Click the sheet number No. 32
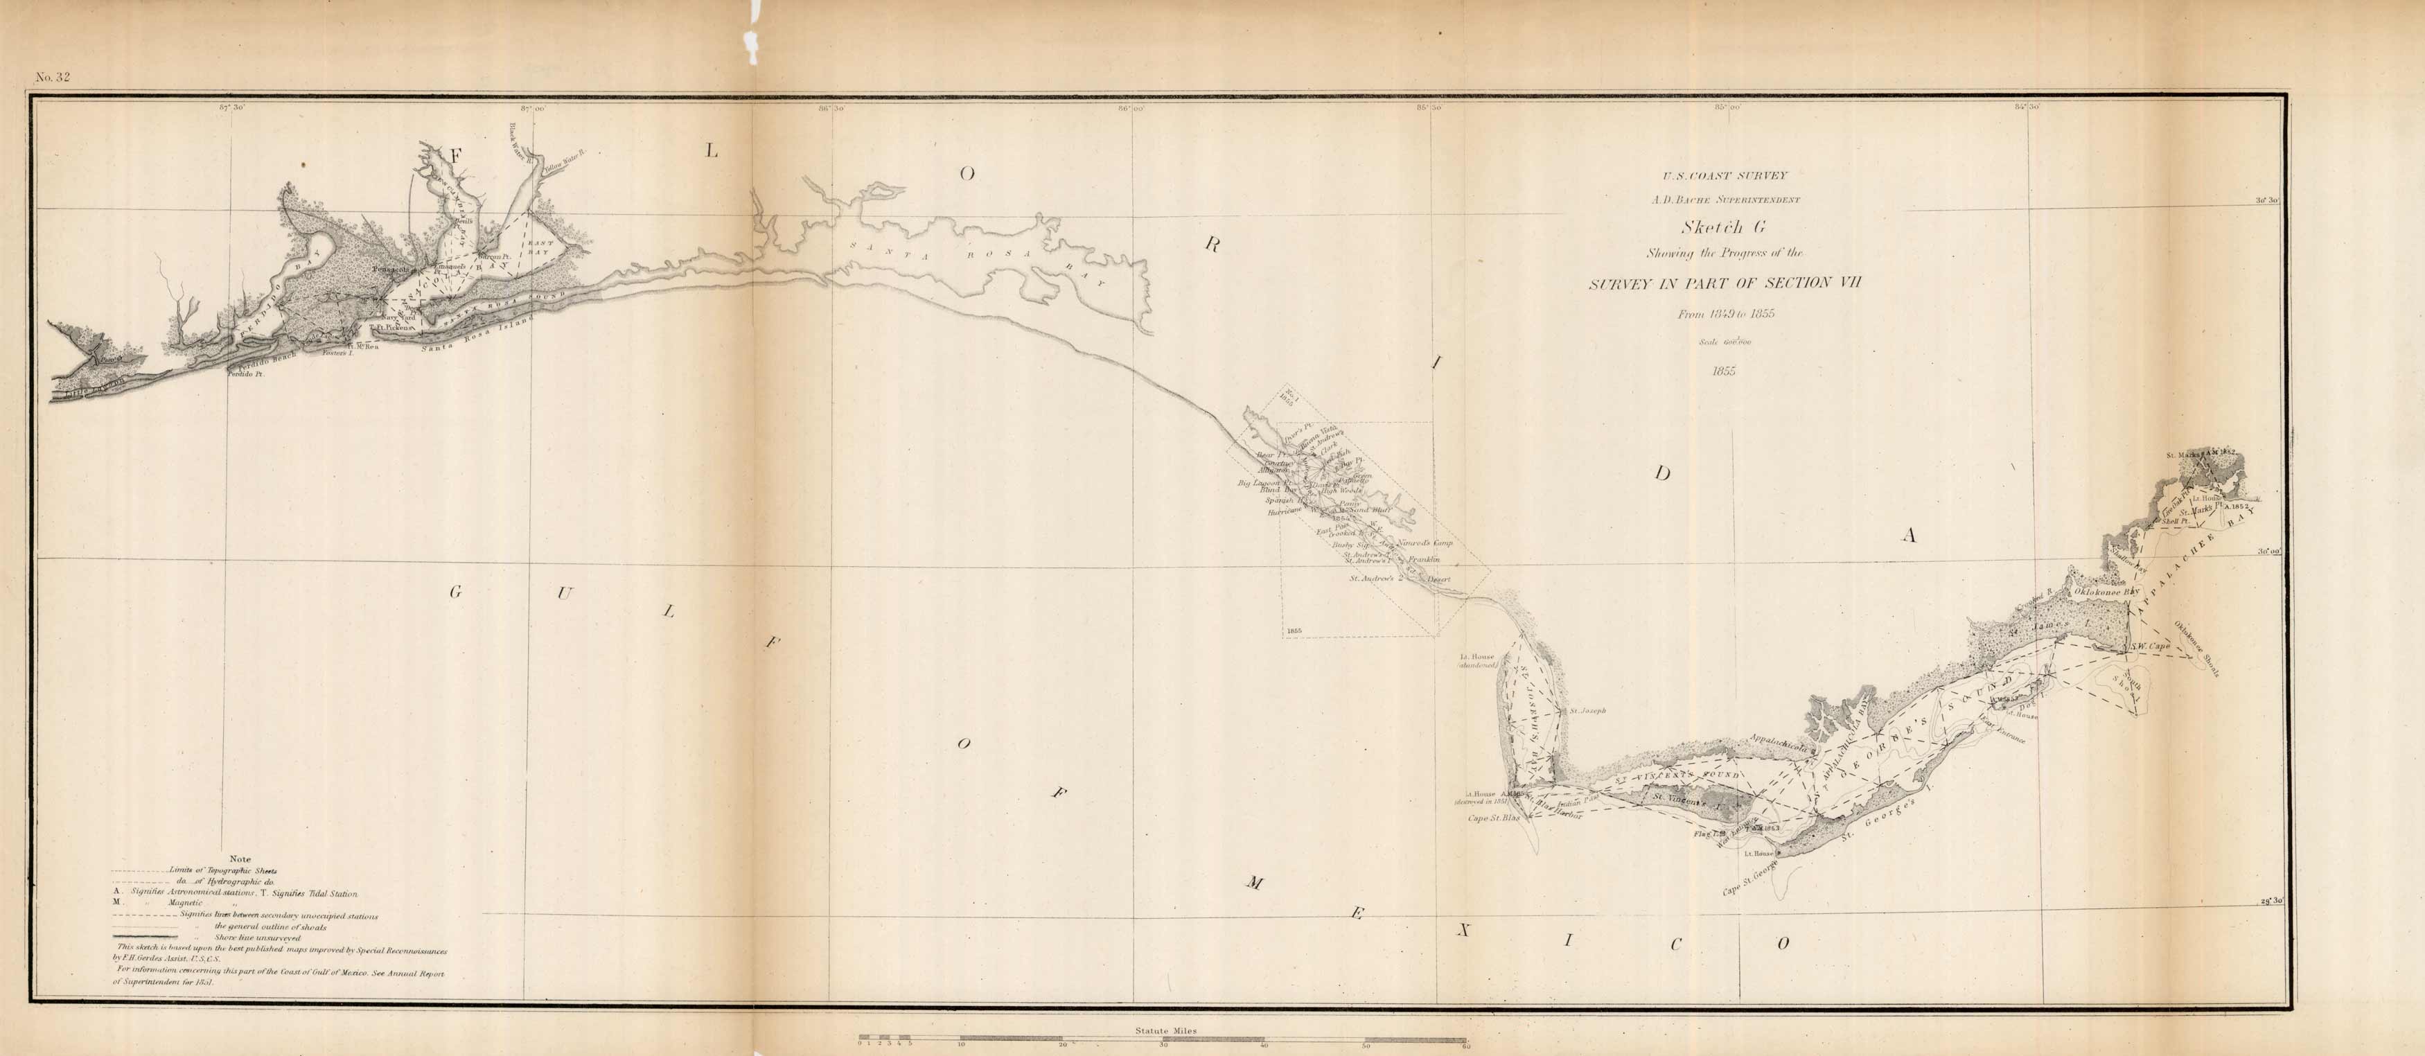point(53,77)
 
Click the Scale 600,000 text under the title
point(1725,342)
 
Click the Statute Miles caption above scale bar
point(1165,1030)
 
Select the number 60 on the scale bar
point(1465,1045)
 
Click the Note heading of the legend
point(240,859)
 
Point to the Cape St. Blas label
point(1494,818)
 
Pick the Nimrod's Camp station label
point(1426,543)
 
